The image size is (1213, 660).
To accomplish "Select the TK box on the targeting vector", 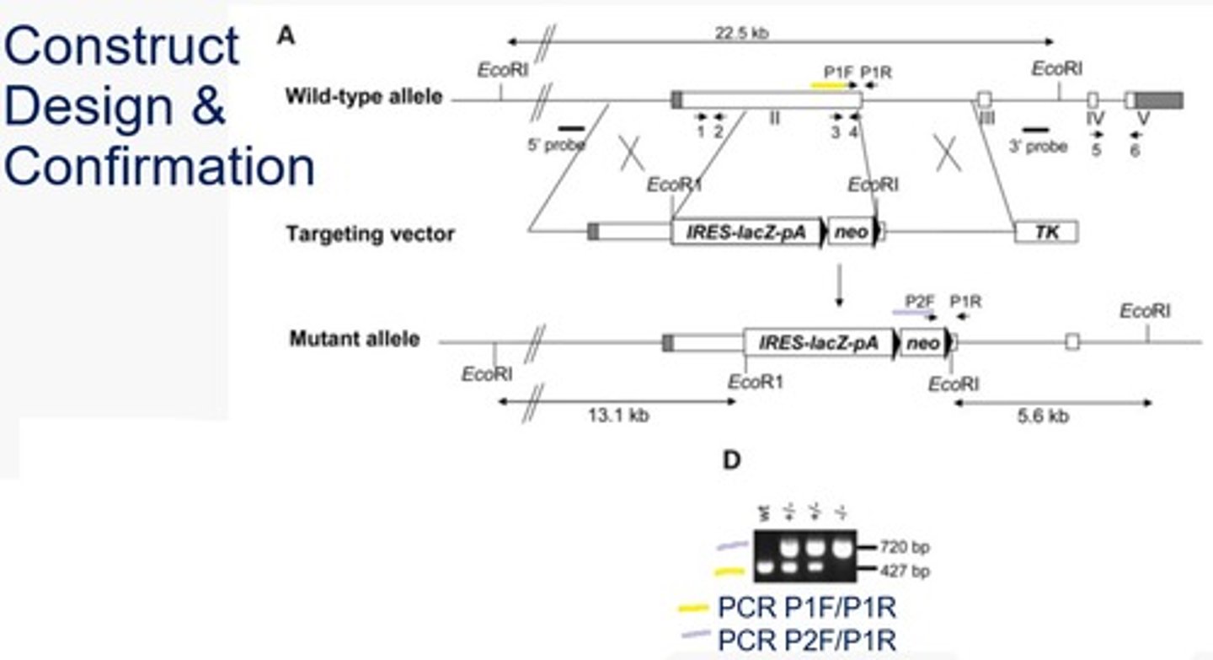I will pyautogui.click(x=1046, y=232).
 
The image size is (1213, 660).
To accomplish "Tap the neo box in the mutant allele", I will pyautogui.click(x=922, y=342).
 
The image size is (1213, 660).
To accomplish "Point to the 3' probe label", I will pyautogui.click(x=1038, y=147).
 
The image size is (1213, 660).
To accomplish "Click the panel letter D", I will pyautogui.click(x=732, y=460).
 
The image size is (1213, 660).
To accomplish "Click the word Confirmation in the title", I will pyautogui.click(x=158, y=166).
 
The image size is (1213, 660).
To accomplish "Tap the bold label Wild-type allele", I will pyautogui.click(x=363, y=96).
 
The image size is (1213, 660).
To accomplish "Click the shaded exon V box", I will pyautogui.click(x=1159, y=100).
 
